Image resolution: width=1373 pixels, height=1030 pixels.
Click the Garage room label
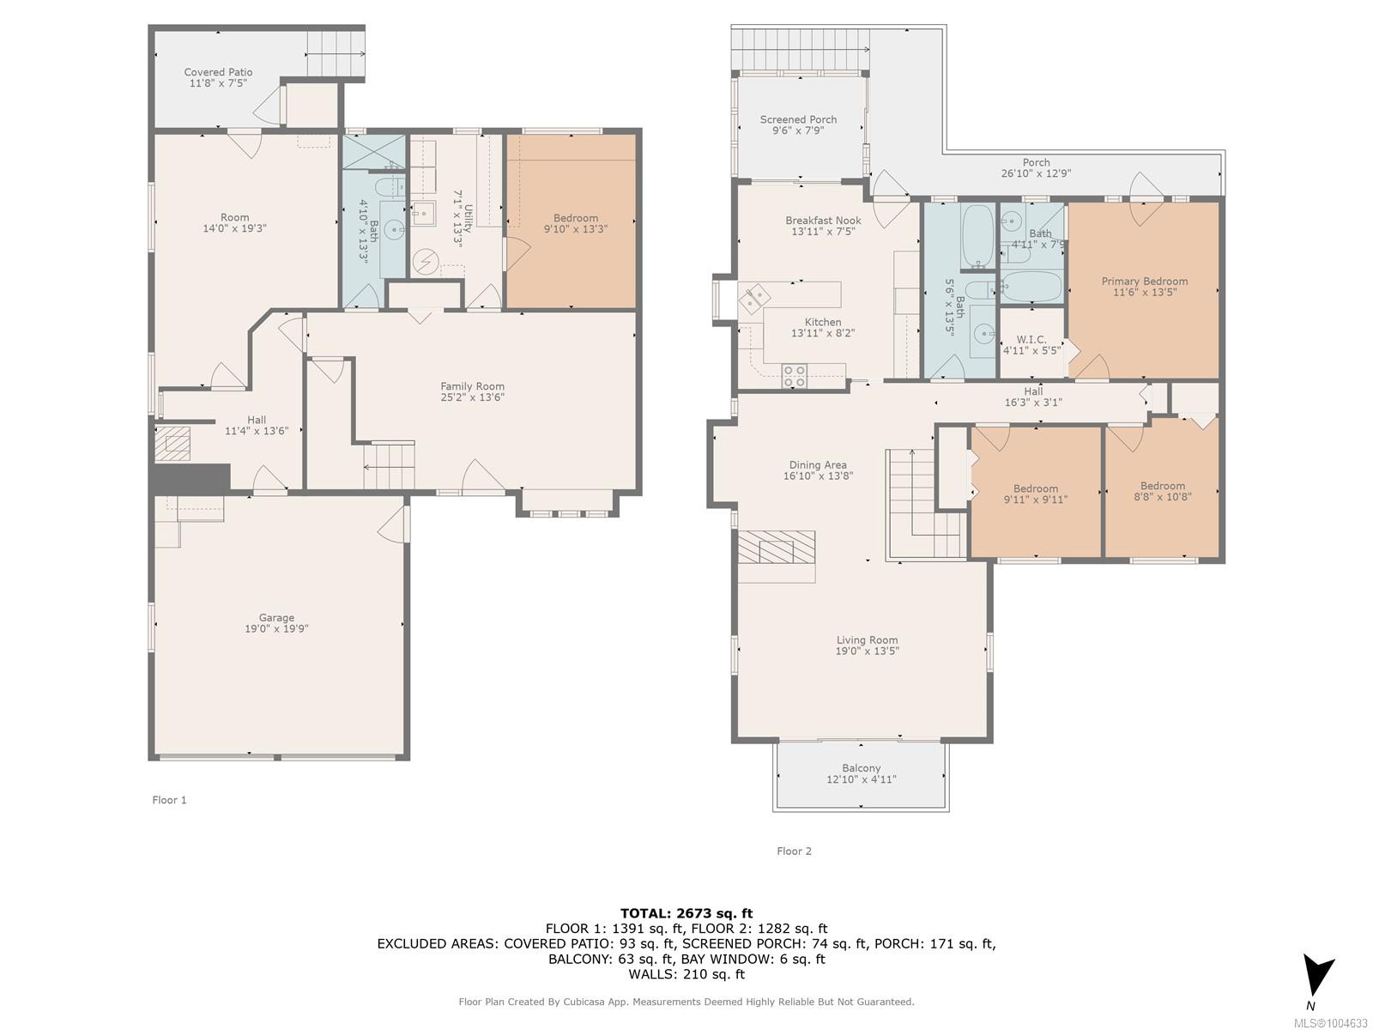coord(276,617)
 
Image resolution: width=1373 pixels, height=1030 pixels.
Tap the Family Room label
coord(472,386)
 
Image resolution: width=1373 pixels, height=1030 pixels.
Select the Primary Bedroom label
coord(1144,282)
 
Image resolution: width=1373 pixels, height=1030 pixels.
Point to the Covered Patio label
coord(218,72)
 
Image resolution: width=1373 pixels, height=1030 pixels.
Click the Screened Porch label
coord(798,119)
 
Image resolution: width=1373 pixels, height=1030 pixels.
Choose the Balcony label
coord(862,768)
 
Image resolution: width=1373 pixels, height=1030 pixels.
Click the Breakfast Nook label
coord(823,220)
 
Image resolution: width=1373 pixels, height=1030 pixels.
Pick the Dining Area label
coord(818,464)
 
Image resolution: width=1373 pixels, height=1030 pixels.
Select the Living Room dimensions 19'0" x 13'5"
coord(867,651)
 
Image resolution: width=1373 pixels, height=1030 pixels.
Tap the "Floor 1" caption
coord(170,800)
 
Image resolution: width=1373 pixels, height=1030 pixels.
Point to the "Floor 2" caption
coord(794,851)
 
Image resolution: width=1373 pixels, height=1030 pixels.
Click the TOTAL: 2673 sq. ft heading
coord(686,913)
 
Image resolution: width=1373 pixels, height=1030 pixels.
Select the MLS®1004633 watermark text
coord(1330,1023)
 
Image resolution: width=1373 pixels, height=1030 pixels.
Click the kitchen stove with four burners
coord(795,376)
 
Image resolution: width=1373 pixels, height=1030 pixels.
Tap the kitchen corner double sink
coord(753,298)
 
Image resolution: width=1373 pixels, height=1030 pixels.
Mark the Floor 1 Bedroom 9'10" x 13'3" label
coord(576,223)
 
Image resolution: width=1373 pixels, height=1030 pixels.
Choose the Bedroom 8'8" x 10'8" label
coord(1162,492)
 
